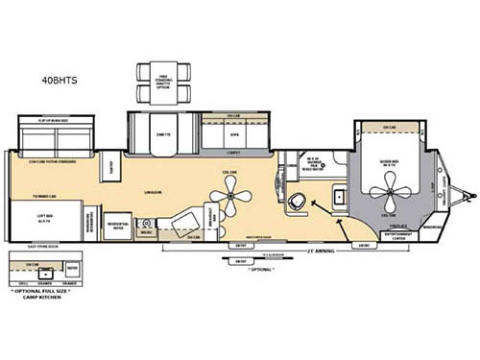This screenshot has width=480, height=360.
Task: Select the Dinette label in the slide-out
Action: tap(161, 134)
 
